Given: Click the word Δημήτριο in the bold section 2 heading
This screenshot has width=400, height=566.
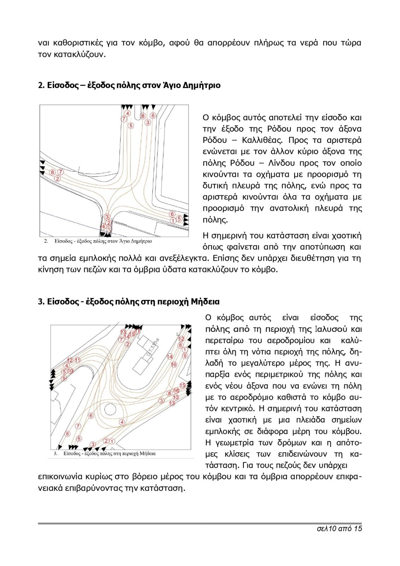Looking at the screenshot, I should (x=202, y=85).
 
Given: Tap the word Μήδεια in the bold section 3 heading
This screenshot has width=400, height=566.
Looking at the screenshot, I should (x=205, y=302).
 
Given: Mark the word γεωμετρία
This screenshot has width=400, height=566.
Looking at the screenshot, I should (x=236, y=443).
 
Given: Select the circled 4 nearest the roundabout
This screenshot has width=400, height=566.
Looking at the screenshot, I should (x=122, y=422).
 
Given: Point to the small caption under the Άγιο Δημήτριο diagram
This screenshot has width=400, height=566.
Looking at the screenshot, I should (x=98, y=241).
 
